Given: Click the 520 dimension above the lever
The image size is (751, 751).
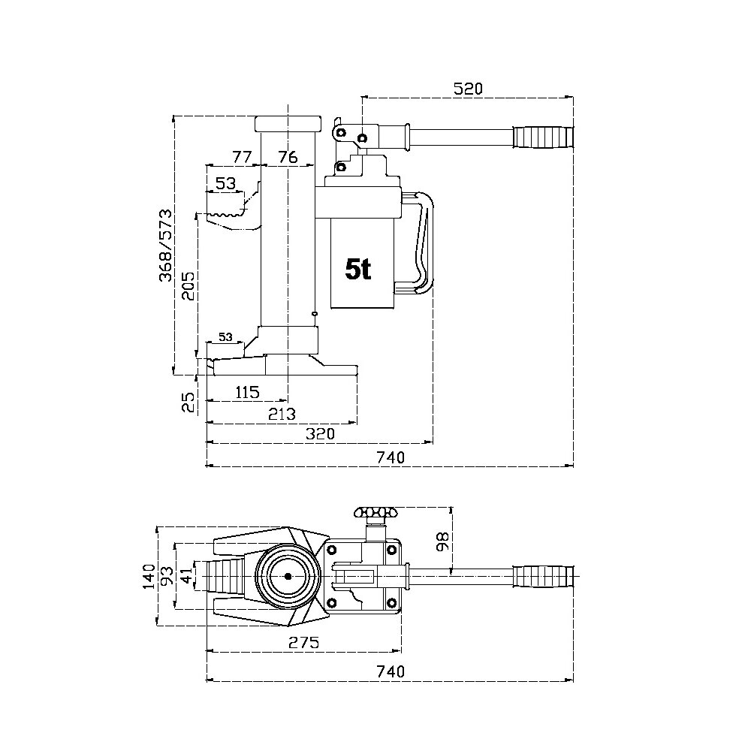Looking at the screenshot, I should (x=467, y=89).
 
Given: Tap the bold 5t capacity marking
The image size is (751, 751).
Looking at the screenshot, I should (x=358, y=269).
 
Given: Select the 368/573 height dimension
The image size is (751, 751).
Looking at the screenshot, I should (x=166, y=246).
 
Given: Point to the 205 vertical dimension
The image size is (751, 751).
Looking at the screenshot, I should (x=189, y=285).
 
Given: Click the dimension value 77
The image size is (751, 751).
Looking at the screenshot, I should (x=240, y=157).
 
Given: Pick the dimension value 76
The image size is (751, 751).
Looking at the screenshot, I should (x=288, y=157).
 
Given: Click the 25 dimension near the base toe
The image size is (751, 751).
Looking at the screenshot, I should (x=190, y=402).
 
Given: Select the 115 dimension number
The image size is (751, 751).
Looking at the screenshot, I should (x=246, y=392).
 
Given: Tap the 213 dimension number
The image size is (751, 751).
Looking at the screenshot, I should (x=282, y=414).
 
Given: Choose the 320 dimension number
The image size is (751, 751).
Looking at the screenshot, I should (x=320, y=435).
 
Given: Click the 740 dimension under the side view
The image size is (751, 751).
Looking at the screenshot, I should (x=391, y=457).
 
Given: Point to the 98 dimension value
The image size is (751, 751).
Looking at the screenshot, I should (x=442, y=541).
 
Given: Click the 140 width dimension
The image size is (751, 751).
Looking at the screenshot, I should (x=149, y=577).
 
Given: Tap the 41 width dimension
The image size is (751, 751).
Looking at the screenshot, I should (x=185, y=577).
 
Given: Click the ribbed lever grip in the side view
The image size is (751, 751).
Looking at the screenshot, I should (x=542, y=137).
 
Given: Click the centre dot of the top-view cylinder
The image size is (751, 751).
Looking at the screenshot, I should (x=288, y=577).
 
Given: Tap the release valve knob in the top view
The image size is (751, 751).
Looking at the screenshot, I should (x=373, y=514).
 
